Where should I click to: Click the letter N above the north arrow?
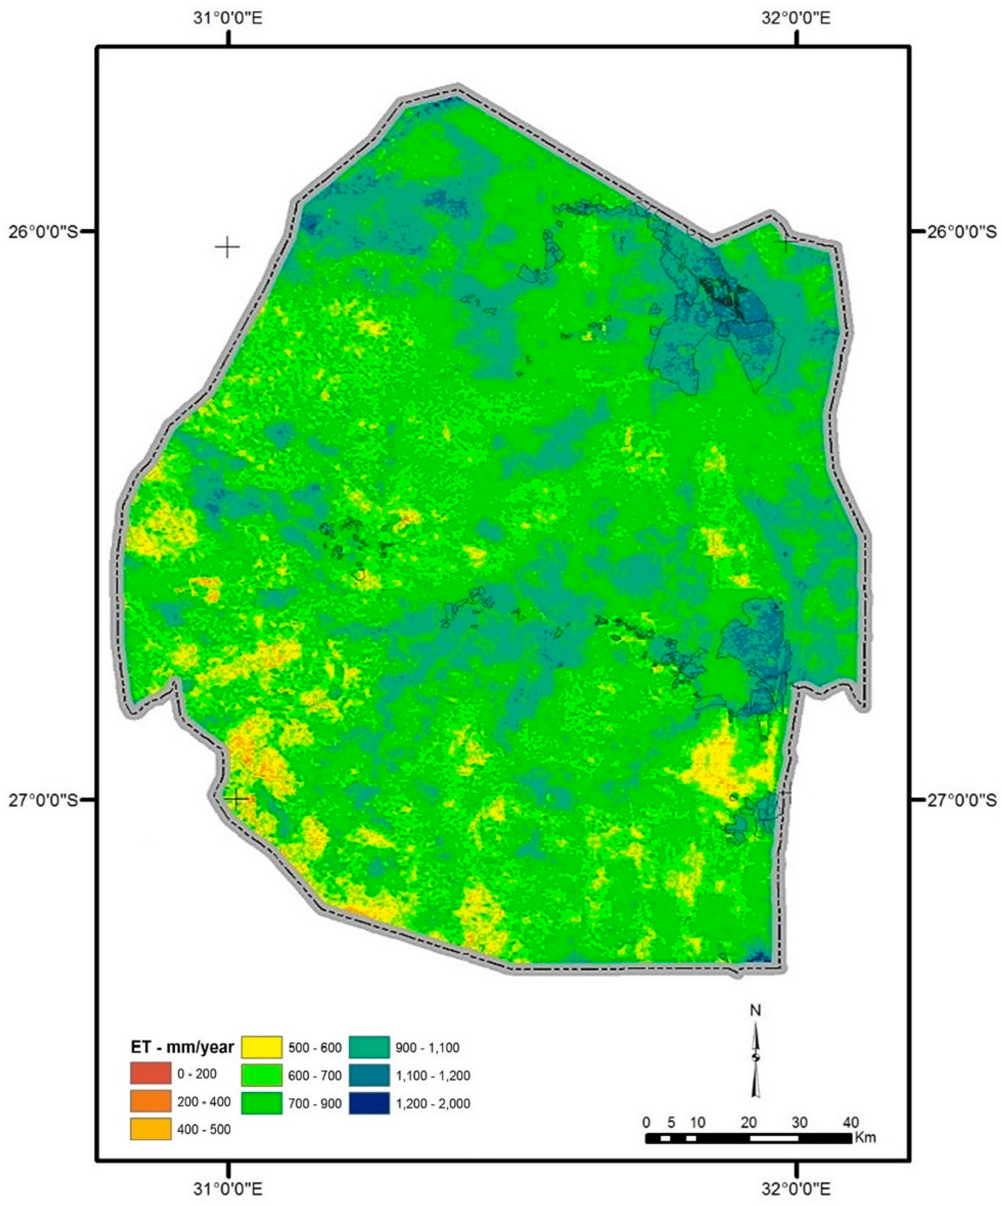click(x=756, y=1010)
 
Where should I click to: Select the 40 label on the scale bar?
click(x=850, y=1122)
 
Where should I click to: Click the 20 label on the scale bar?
click(x=748, y=1122)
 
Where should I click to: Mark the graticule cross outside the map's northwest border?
click(x=228, y=247)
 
